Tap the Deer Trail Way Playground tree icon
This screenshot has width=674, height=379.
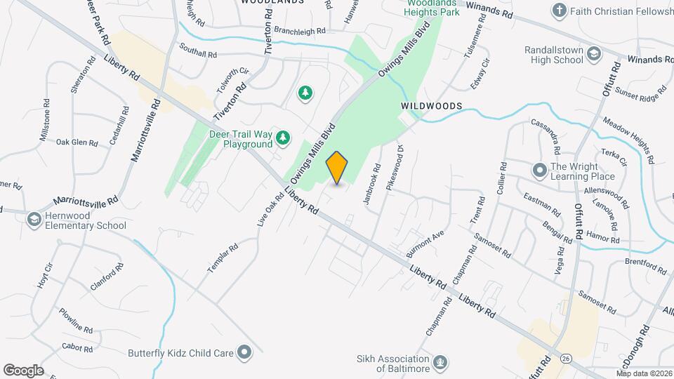click(x=282, y=138)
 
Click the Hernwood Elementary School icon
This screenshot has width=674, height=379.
click(x=34, y=220)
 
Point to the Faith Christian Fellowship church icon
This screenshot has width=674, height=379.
click(x=559, y=10)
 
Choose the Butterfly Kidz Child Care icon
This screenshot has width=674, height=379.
click(x=244, y=352)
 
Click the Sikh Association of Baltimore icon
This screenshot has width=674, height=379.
click(x=440, y=363)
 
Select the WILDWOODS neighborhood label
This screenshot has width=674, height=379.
click(x=432, y=106)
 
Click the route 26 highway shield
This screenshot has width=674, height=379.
click(x=566, y=358)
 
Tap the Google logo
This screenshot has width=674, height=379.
click(x=23, y=371)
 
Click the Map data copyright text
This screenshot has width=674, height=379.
click(x=644, y=373)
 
